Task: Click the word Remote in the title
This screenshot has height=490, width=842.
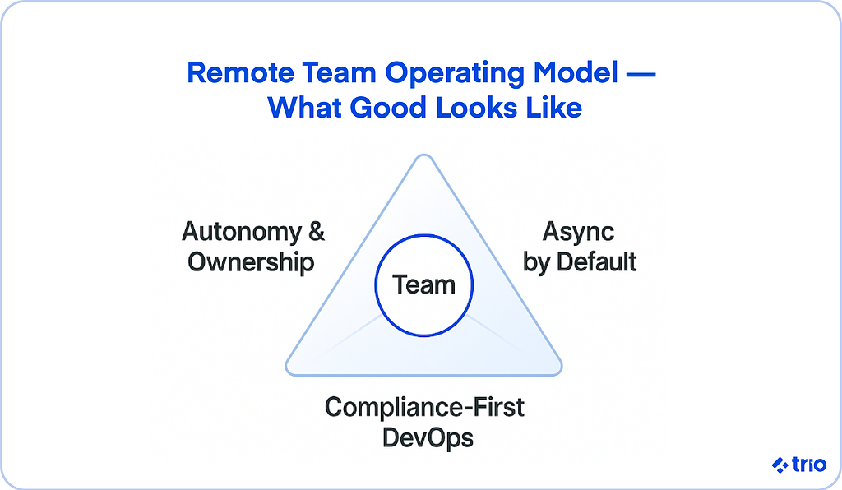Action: click(x=240, y=72)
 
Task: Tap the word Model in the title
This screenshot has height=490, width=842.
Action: click(x=576, y=72)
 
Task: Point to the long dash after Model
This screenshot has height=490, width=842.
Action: click(x=641, y=73)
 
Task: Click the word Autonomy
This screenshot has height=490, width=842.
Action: click(x=242, y=233)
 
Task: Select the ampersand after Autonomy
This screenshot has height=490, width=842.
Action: click(x=317, y=231)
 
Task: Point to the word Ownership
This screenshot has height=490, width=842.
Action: click(x=251, y=263)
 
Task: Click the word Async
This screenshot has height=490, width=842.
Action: click(x=578, y=233)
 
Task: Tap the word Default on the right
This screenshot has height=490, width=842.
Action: click(x=596, y=262)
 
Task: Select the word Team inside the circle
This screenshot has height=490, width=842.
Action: click(x=423, y=284)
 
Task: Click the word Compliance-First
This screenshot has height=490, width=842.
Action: click(x=425, y=407)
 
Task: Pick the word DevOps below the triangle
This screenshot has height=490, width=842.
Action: click(x=428, y=437)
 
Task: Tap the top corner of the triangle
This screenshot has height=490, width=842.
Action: click(x=423, y=155)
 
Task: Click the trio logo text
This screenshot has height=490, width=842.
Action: click(x=809, y=465)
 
